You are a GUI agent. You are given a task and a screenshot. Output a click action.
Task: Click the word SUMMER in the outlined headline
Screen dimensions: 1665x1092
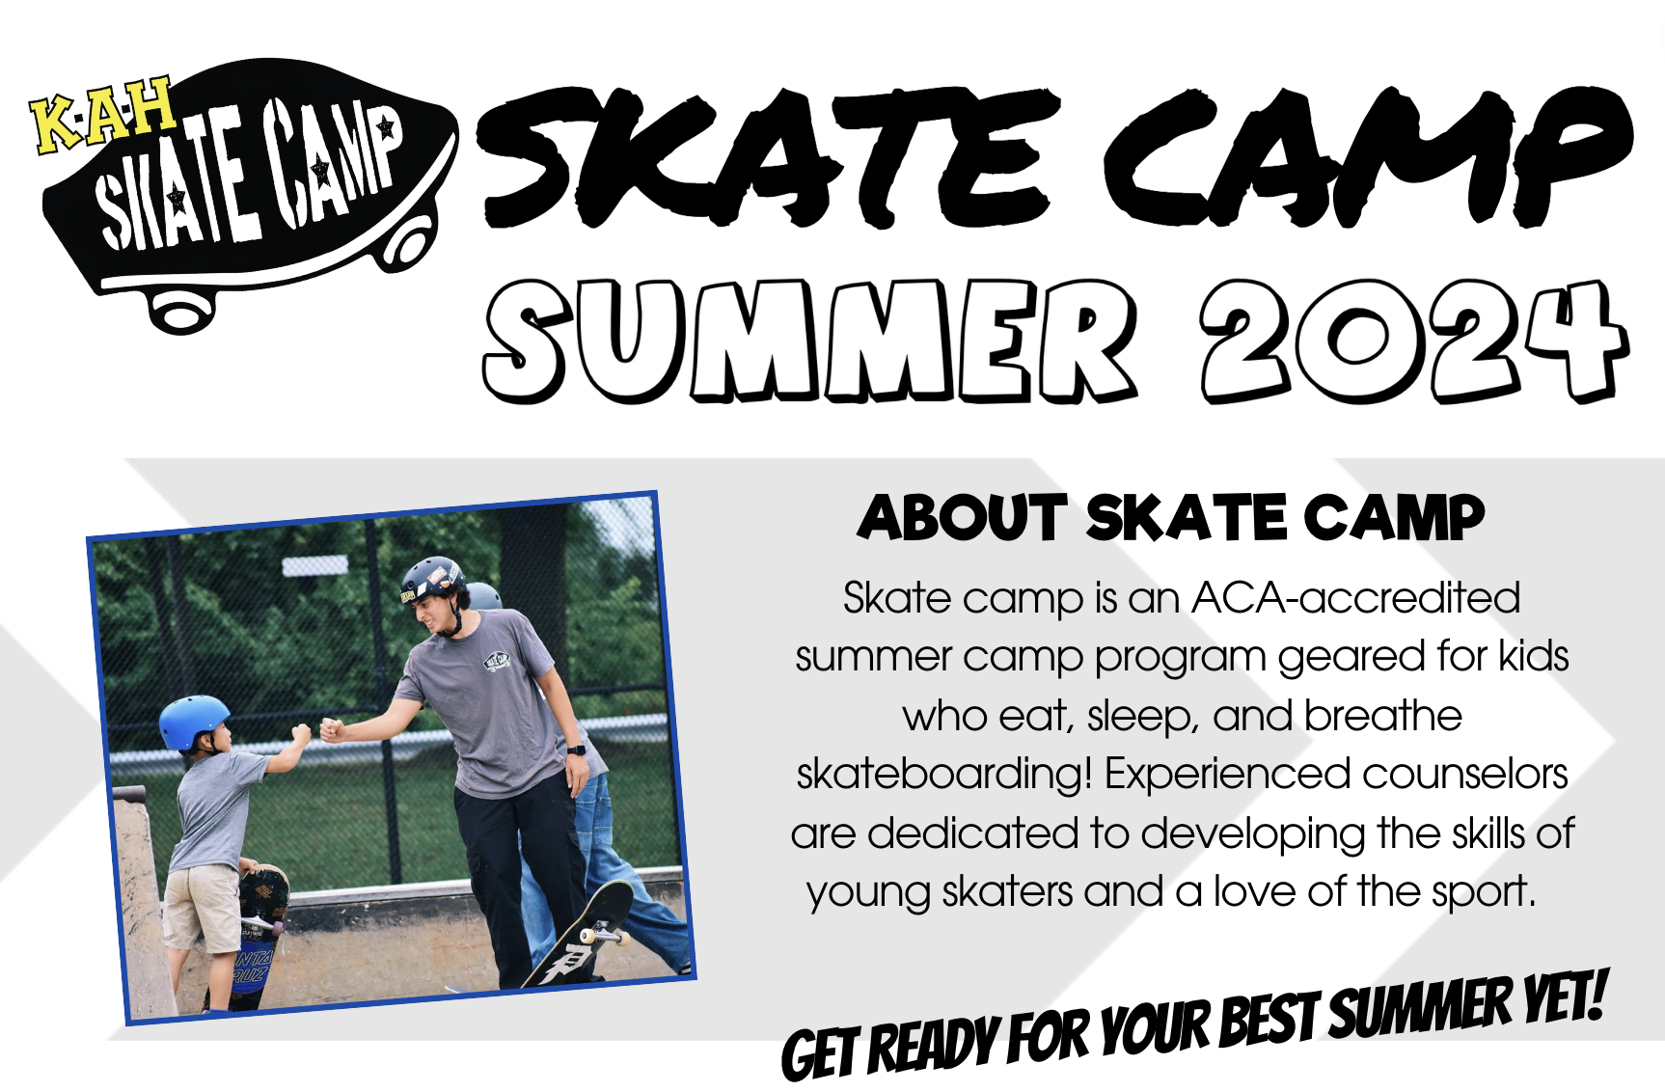(x=811, y=341)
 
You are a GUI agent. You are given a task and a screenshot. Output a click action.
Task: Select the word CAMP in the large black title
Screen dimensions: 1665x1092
(x=1369, y=155)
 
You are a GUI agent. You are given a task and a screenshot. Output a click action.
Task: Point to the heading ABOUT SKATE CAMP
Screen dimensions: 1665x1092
(x=1171, y=518)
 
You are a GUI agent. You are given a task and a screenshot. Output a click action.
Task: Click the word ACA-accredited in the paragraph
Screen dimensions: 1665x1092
(x=1356, y=598)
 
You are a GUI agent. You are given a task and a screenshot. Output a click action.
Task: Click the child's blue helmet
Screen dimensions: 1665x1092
(x=194, y=721)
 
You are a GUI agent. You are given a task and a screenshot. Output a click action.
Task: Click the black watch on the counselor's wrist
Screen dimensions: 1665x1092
(x=576, y=749)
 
